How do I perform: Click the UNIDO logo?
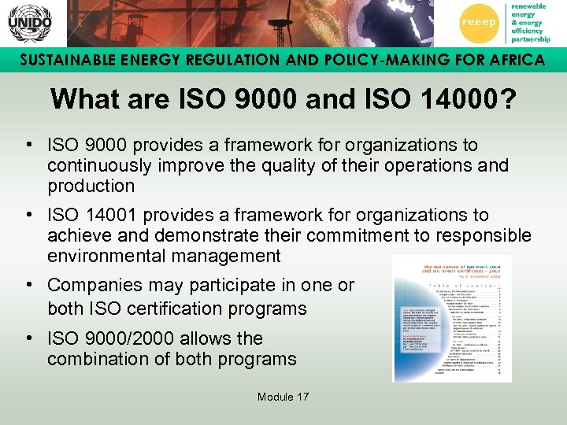coord(29,24)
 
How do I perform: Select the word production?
coord(91,187)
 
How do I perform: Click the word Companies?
coord(94,286)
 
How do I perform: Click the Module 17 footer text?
coord(283,397)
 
